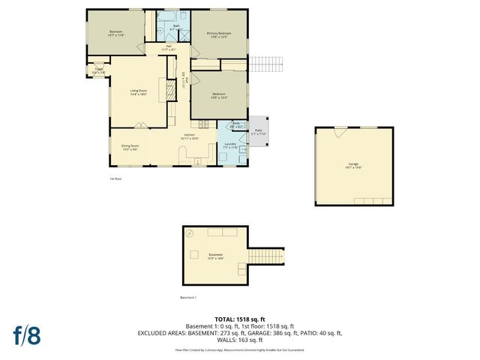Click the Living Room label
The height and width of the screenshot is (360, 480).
point(137,92)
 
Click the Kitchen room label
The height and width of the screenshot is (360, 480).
point(190,137)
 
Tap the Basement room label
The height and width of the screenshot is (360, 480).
point(215,256)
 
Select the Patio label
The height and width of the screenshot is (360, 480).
point(259,132)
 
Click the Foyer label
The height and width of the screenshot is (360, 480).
point(98,70)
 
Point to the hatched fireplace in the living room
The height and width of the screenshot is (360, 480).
point(170,91)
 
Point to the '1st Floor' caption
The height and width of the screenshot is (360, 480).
point(115,178)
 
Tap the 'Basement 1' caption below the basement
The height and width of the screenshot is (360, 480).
point(188,298)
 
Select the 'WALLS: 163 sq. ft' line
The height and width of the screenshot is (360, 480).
point(239,340)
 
